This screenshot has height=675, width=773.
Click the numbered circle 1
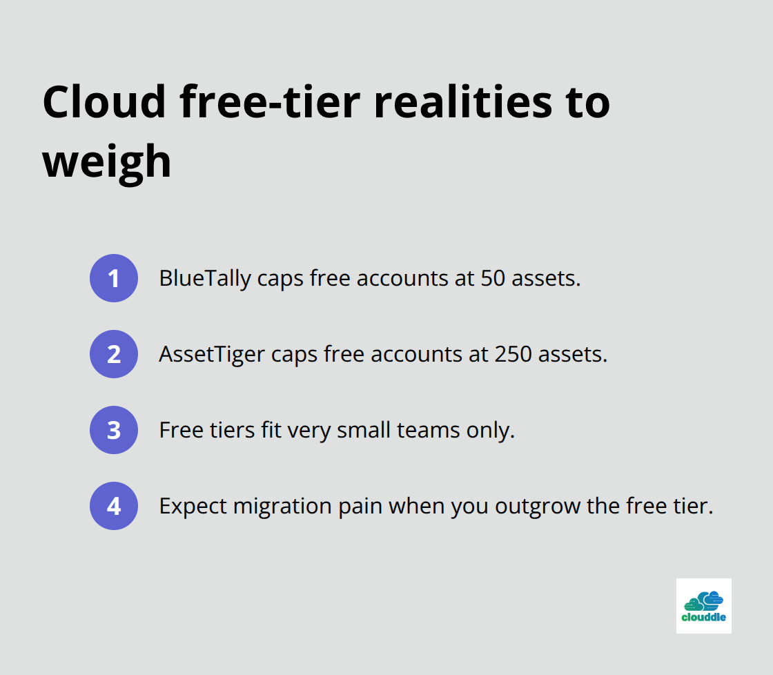coord(114,278)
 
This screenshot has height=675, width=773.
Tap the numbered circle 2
coord(114,354)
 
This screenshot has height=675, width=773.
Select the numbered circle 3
coord(114,430)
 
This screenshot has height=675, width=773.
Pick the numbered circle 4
coord(114,506)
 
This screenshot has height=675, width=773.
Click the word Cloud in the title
coord(104,101)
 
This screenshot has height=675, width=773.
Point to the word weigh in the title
coord(107,162)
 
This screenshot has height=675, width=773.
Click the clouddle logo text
coord(703,617)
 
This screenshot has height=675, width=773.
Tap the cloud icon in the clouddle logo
coord(703,599)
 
